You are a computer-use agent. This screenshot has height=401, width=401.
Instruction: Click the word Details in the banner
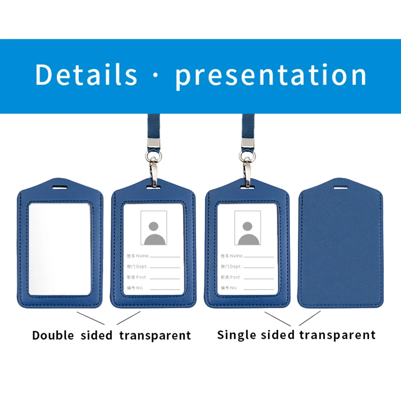click(86, 75)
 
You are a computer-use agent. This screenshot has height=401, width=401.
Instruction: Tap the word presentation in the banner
click(271, 76)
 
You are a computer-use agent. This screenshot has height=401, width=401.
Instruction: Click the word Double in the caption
click(53, 335)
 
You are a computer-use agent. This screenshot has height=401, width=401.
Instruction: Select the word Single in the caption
click(236, 335)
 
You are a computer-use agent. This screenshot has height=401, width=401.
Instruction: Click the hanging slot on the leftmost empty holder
click(60, 187)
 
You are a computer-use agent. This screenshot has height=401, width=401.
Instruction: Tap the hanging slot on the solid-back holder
click(340, 187)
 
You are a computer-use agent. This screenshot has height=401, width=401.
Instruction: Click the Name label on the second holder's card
click(142, 256)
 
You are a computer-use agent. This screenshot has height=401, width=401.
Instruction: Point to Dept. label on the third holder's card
click(236, 267)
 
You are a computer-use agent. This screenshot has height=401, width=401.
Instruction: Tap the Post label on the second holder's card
click(141, 277)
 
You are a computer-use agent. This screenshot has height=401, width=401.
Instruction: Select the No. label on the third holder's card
click(234, 288)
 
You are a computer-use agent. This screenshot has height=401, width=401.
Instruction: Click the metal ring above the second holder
click(154, 156)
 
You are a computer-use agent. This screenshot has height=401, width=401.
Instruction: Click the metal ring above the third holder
click(247, 156)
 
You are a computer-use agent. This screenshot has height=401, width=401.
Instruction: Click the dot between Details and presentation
click(156, 75)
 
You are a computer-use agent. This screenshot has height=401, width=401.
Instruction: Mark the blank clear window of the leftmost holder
click(60, 249)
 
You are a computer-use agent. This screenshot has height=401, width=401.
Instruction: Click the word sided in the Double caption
click(97, 335)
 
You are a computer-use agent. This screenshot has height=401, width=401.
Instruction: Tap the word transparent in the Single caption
click(338, 335)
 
